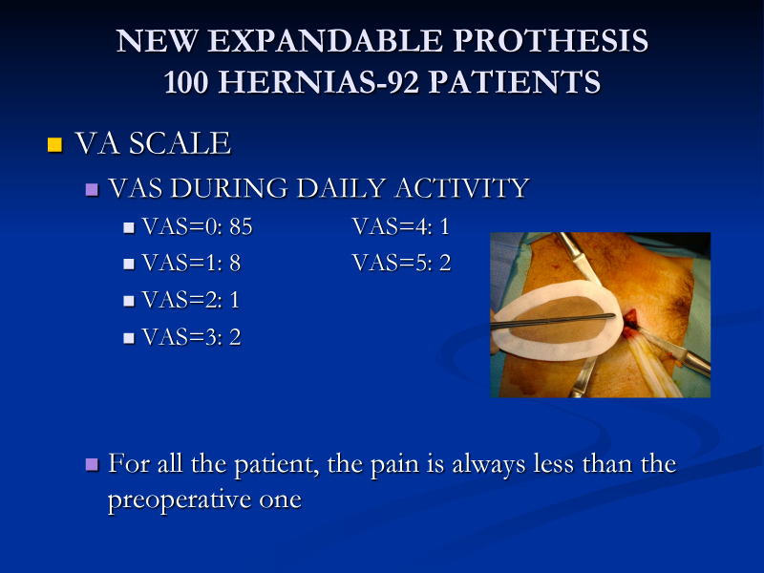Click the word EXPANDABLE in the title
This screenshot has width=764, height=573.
click(325, 40)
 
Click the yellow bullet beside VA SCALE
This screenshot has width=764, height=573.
click(54, 145)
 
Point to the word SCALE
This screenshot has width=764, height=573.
click(180, 143)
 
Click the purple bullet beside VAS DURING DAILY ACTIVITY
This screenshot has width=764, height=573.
click(92, 189)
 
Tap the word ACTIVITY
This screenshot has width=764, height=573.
click(462, 188)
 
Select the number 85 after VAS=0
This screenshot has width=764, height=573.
click(241, 226)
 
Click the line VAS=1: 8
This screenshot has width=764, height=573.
click(191, 264)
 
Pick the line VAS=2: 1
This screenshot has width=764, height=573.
click(190, 300)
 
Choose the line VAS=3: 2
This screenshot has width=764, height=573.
click(191, 337)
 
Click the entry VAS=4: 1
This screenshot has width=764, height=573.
click(400, 226)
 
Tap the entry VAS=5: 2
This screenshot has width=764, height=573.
click(401, 264)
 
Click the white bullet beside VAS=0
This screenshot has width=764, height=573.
click(129, 227)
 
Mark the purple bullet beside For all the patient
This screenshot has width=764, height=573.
click(92, 464)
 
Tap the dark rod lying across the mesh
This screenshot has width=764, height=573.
click(553, 321)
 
